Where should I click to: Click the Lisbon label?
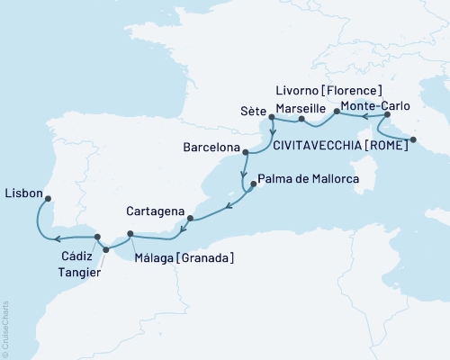pos(22,192)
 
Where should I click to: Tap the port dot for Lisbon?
pos(48,199)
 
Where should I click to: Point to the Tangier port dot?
pos(106,249)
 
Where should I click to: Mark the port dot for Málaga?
pos(131,234)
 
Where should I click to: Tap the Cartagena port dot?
pos(190,218)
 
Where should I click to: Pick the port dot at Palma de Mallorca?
pos(253,184)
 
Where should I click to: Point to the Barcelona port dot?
pos(244,151)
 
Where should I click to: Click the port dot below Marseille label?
pos(301,119)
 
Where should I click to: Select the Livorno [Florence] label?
pos(328,90)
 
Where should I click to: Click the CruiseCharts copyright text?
pos(5,325)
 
